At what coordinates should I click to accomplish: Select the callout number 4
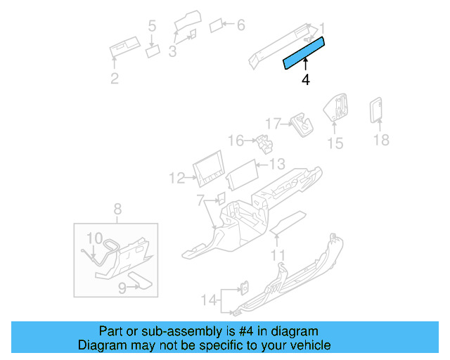click(x=305, y=80)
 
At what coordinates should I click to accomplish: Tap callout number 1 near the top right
click(x=323, y=28)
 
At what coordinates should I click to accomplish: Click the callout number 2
click(x=115, y=79)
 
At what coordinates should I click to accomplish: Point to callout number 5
click(x=152, y=27)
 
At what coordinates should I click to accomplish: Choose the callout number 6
click(x=240, y=25)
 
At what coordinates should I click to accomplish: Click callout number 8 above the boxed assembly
click(x=117, y=208)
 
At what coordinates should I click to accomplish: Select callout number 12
click(x=176, y=178)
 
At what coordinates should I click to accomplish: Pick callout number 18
click(x=380, y=140)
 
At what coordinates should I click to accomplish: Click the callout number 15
click(x=335, y=143)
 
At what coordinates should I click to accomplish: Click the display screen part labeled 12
click(x=210, y=169)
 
